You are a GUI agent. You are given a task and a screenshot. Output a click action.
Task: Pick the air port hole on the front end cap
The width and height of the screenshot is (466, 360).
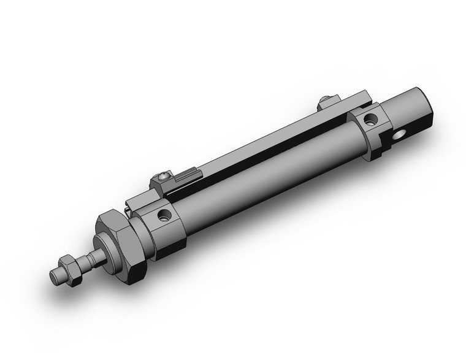[x=164, y=215]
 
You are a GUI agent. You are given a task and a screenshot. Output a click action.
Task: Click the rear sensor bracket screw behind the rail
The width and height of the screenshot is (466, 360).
[x=327, y=101]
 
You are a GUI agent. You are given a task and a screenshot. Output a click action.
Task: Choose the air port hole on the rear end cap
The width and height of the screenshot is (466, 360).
[x=370, y=118]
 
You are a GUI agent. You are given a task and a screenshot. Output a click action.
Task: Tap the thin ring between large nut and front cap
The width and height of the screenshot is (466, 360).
[x=136, y=233]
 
